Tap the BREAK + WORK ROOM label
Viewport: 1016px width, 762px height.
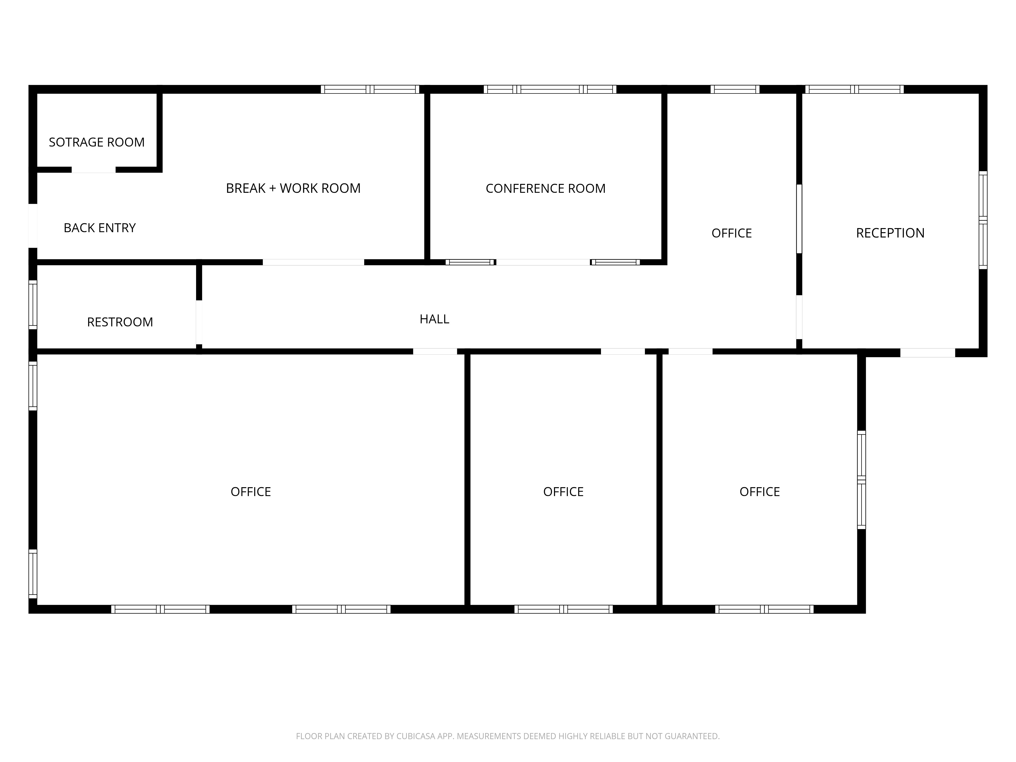[293, 188]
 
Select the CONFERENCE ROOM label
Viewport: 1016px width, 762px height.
[546, 188]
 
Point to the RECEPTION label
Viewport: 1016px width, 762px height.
[890, 233]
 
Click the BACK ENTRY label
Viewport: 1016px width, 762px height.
[100, 228]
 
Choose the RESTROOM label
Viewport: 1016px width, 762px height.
[120, 322]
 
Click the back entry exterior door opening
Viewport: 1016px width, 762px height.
[33, 226]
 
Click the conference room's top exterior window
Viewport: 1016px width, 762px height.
[550, 89]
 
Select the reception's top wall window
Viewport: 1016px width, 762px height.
[854, 89]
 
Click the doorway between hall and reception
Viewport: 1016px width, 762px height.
[799, 317]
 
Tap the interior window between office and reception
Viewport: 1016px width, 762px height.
[799, 219]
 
